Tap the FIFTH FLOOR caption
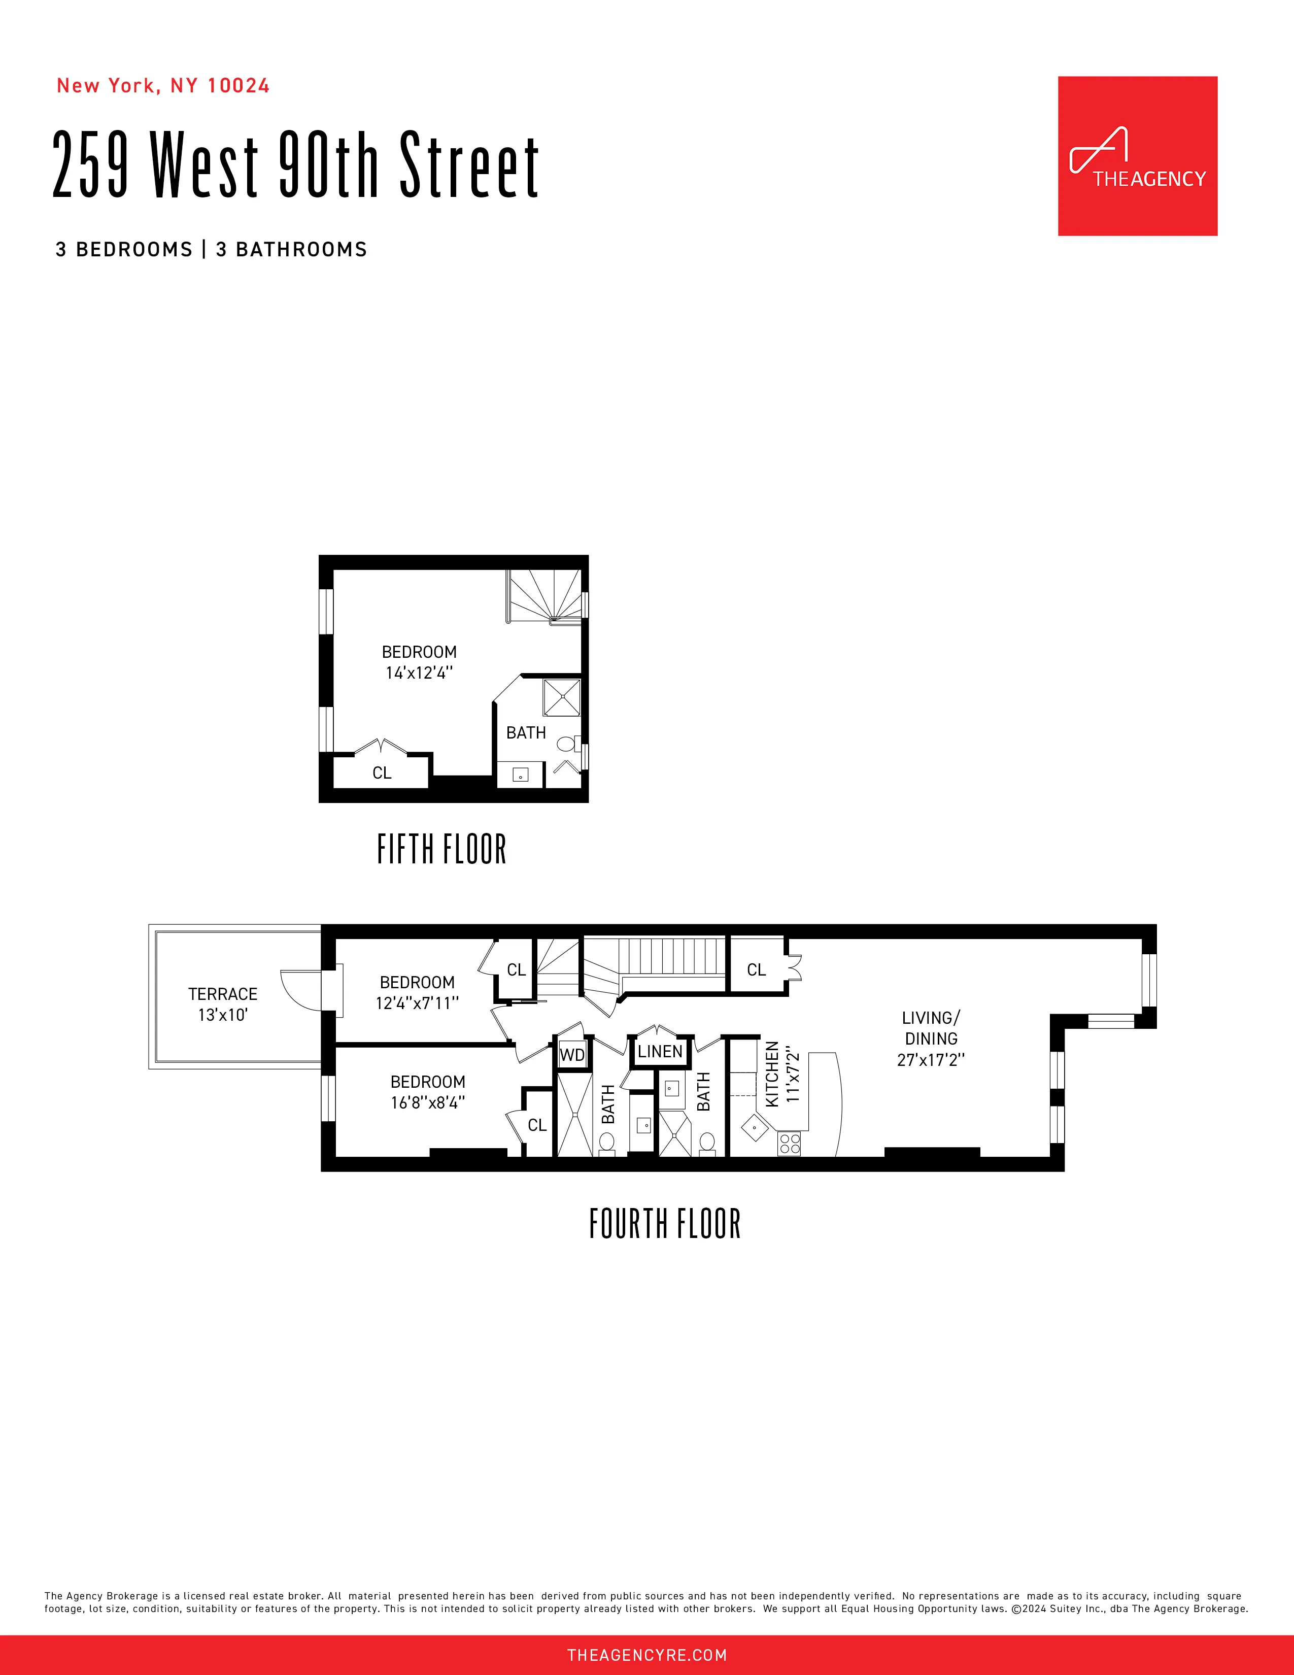click(x=441, y=849)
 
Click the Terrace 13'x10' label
click(x=222, y=1004)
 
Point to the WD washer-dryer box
click(x=572, y=1055)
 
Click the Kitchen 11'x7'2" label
click(x=782, y=1074)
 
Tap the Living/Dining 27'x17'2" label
click(x=931, y=1038)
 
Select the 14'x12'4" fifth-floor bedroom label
click(x=419, y=662)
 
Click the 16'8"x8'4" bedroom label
click(x=428, y=1092)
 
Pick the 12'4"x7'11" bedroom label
click(x=417, y=992)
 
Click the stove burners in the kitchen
click(x=790, y=1144)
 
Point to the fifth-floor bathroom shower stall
click(x=562, y=697)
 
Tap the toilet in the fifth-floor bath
click(x=566, y=743)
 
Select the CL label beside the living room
click(x=756, y=970)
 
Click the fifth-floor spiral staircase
click(x=544, y=595)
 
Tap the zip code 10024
click(x=239, y=86)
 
